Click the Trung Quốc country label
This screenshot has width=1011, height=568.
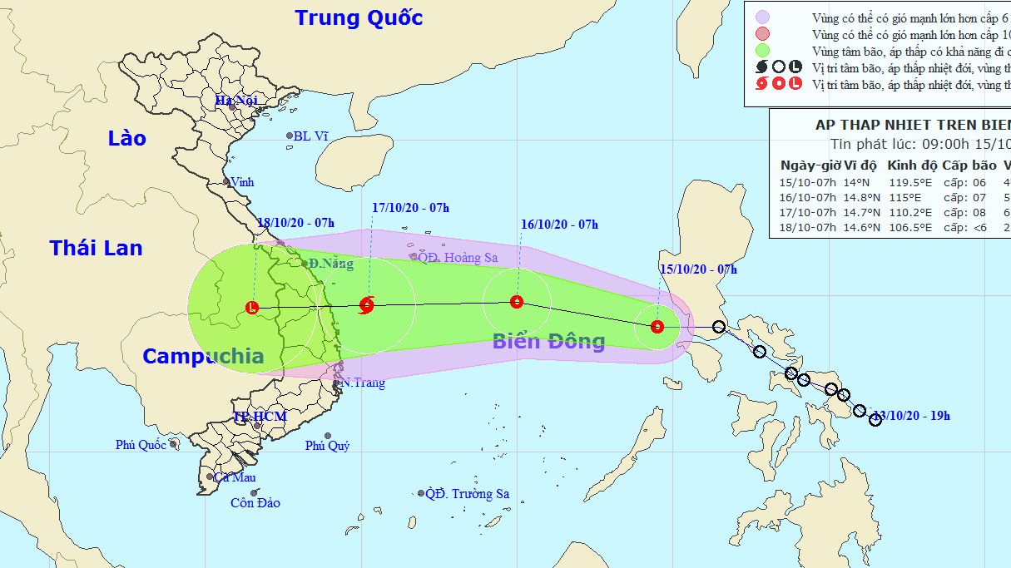pyautogui.click(x=359, y=17)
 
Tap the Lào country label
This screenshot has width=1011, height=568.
pyautogui.click(x=126, y=138)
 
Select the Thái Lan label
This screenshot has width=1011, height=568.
pyautogui.click(x=96, y=247)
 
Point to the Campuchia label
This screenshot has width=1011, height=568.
pyautogui.click(x=203, y=356)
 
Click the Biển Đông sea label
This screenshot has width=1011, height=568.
pyautogui.click(x=548, y=340)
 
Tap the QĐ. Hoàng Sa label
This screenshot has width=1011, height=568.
pyautogui.click(x=458, y=258)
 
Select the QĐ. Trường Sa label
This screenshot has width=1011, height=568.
pyautogui.click(x=467, y=494)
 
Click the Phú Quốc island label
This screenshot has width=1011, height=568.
pyautogui.click(x=141, y=445)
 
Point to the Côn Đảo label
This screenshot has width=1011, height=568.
pyautogui.click(x=255, y=502)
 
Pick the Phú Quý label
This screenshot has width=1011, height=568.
pyautogui.click(x=327, y=446)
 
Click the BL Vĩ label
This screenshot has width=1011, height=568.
pyautogui.click(x=310, y=136)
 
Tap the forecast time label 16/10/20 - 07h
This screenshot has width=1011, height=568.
pyautogui.click(x=559, y=225)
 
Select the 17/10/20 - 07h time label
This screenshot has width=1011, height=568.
pyautogui.click(x=410, y=208)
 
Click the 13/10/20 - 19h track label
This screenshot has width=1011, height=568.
pyautogui.click(x=911, y=416)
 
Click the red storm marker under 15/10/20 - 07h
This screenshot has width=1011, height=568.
pyautogui.click(x=657, y=327)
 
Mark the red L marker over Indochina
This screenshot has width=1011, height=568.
pyautogui.click(x=252, y=309)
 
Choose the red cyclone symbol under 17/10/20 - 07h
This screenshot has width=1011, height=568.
pyautogui.click(x=367, y=305)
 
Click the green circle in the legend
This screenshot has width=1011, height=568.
pyautogui.click(x=762, y=51)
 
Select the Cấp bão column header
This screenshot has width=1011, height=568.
pyautogui.click(x=973, y=164)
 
